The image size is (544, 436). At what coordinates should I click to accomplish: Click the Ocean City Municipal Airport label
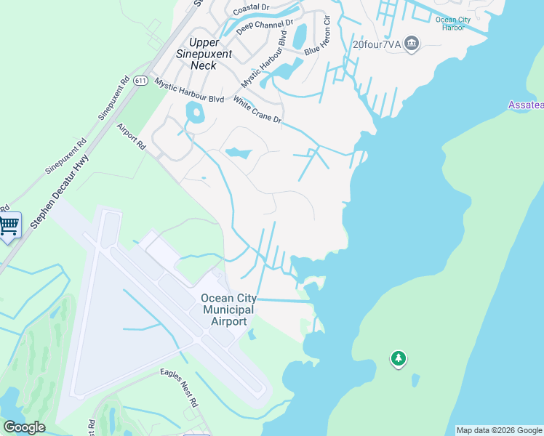click(x=228, y=310)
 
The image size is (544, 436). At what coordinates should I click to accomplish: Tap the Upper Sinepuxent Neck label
click(x=211, y=54)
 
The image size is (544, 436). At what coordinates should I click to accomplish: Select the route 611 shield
click(x=141, y=81)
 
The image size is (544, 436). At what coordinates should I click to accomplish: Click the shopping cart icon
click(x=9, y=226)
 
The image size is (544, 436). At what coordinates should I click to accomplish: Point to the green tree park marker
click(x=398, y=358)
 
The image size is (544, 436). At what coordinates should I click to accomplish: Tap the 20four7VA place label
click(x=377, y=44)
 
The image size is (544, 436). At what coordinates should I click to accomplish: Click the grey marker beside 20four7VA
click(x=412, y=44)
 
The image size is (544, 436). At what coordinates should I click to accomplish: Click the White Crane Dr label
click(x=257, y=110)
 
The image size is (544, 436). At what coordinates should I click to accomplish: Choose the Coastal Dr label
click(x=250, y=9)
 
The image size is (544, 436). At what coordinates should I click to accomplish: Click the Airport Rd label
click(x=132, y=137)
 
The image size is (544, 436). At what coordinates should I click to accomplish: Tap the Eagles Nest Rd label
click(x=180, y=387)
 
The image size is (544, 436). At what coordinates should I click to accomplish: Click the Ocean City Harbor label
click(x=459, y=23)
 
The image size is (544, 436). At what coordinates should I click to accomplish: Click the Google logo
click(x=25, y=427)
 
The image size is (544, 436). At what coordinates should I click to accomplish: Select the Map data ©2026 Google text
click(x=499, y=430)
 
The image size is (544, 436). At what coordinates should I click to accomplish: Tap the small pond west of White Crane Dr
click(x=194, y=113)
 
